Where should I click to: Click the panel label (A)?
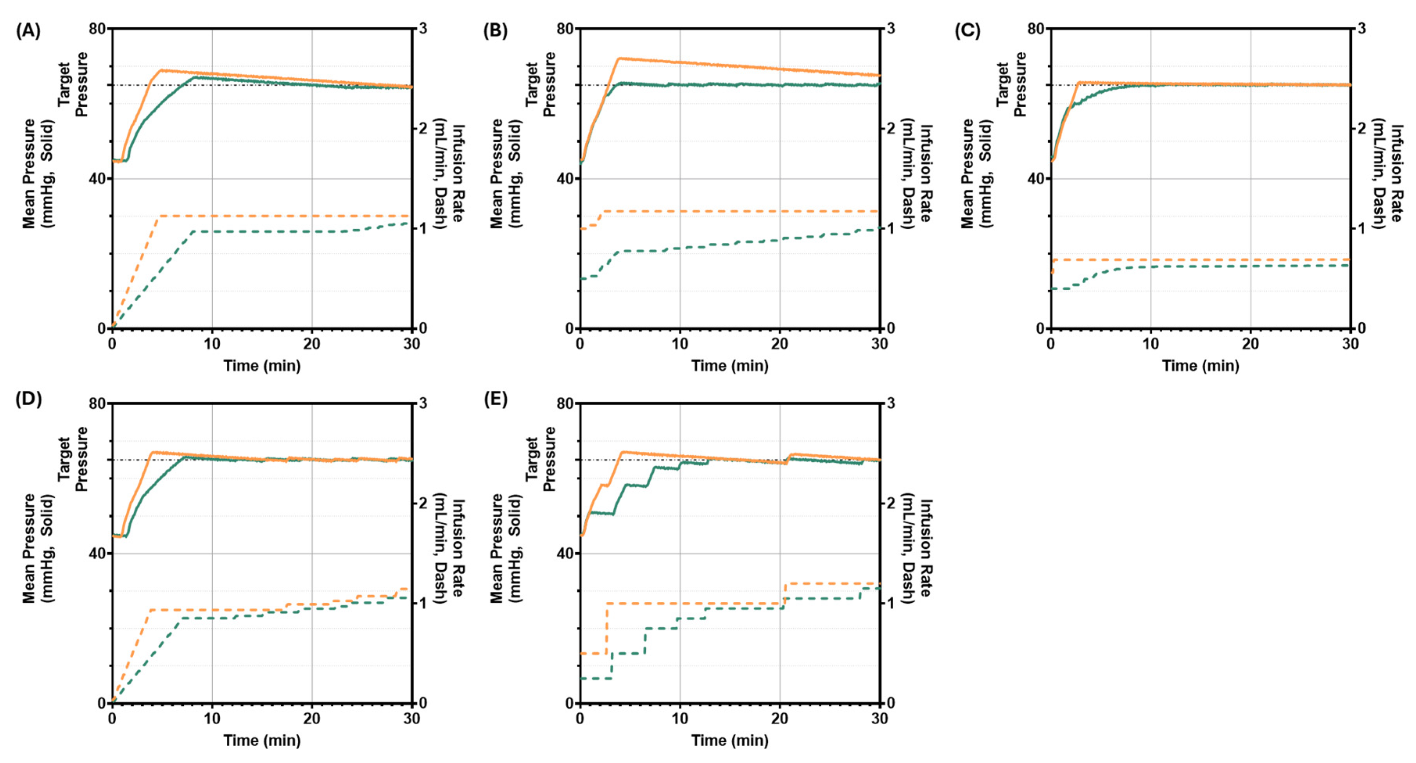click(27, 31)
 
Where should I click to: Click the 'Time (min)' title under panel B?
click(730, 366)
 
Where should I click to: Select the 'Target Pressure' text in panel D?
click(73, 459)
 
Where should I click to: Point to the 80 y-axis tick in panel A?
click(97, 29)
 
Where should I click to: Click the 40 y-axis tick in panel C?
click(1036, 179)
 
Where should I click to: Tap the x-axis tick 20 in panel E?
click(780, 718)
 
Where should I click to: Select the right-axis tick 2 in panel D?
click(423, 503)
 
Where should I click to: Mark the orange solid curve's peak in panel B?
click(620, 58)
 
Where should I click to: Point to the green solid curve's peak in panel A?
click(195, 77)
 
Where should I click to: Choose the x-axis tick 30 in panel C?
click(1350, 344)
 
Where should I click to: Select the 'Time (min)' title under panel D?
click(262, 740)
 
